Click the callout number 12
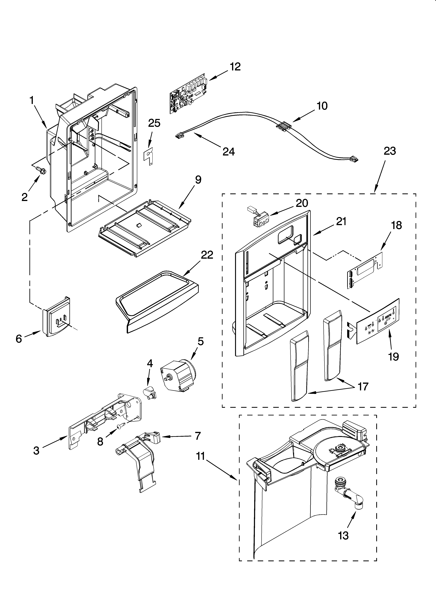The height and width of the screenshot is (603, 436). click(235, 67)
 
